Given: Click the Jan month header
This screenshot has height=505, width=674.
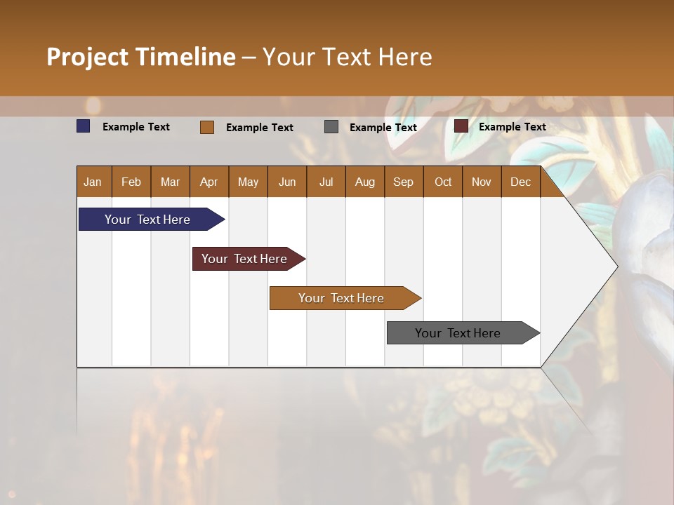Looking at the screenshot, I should click(93, 182).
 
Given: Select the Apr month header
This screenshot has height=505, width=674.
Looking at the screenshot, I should click(209, 182).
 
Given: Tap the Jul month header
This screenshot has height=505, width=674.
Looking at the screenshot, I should click(326, 182).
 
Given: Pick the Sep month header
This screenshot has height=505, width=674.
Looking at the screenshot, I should click(403, 182).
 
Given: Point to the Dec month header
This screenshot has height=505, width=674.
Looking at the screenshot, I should click(520, 182).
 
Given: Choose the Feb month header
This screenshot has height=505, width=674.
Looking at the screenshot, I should click(131, 182).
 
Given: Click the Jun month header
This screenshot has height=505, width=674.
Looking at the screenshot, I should click(287, 182).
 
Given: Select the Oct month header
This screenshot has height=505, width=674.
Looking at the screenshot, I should click(443, 182).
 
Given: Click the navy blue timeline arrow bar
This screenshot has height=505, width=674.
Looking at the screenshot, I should click(148, 220).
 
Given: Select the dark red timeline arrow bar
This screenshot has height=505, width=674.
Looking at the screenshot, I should click(245, 259).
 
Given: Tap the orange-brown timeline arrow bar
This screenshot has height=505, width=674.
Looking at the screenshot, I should click(342, 298).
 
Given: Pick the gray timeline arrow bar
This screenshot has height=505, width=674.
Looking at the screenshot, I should click(458, 333).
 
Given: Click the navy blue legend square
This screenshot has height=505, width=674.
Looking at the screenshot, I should click(84, 126).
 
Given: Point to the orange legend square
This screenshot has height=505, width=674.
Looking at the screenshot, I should click(207, 127).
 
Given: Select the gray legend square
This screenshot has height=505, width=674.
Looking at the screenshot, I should click(331, 127).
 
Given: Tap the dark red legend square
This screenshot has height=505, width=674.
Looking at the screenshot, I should click(461, 126).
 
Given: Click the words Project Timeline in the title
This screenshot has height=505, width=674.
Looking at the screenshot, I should click(140, 57).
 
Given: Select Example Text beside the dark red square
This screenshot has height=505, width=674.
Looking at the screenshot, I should click(513, 127).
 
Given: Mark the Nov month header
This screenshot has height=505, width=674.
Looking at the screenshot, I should click(482, 182).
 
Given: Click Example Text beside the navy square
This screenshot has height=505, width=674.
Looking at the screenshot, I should click(136, 127).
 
